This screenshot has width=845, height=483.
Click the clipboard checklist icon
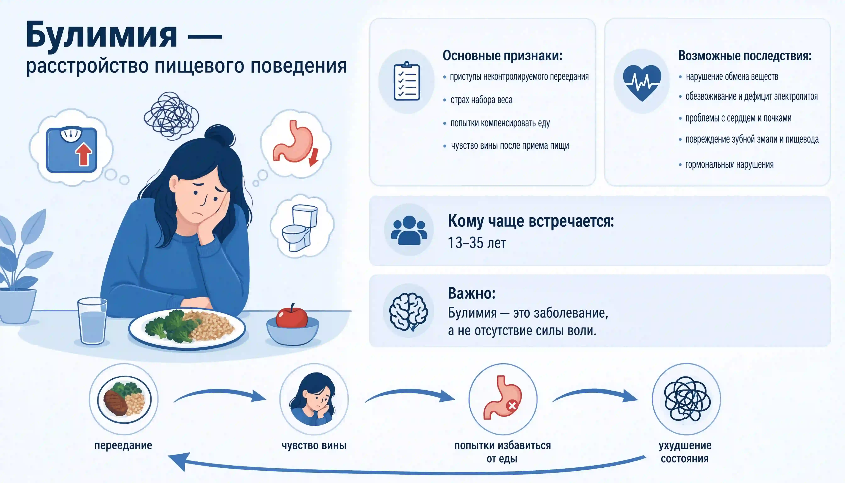[x=407, y=81]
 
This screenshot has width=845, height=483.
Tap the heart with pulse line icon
[x=642, y=83]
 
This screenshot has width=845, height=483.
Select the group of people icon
[x=409, y=230]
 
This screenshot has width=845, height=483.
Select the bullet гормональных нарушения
[x=729, y=165]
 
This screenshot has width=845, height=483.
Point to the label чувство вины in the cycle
[x=314, y=445]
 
